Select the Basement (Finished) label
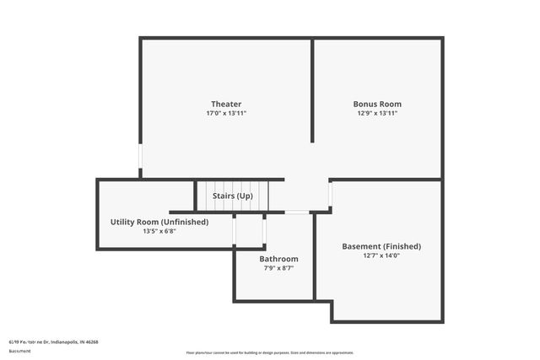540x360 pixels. pos(381,246)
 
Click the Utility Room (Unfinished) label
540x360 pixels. pos(159,222)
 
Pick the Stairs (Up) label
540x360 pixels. pos(232,196)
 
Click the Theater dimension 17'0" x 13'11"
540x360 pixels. pos(226,113)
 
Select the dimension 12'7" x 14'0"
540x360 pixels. pos(381,255)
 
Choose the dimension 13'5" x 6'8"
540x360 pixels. pos(159,231)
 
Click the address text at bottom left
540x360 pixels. pos(53,342)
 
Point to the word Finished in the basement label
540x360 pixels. pos(402,246)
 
